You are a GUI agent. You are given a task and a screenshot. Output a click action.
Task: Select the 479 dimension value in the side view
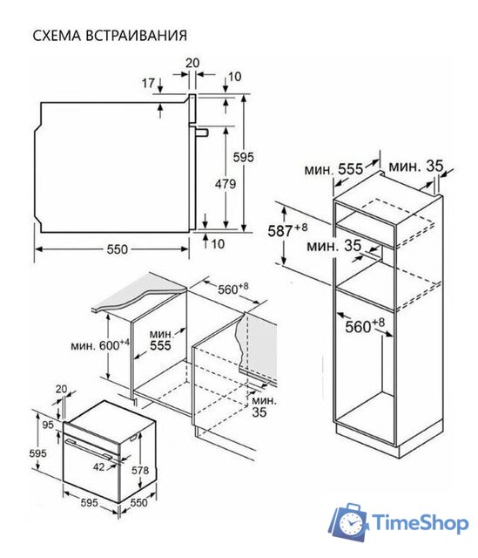click(x=226, y=184)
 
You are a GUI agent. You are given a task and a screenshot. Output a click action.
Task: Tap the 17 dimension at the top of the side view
click(x=148, y=84)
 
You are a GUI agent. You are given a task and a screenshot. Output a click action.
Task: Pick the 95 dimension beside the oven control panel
click(x=48, y=425)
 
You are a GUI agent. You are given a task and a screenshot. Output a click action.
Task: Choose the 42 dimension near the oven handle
click(x=99, y=466)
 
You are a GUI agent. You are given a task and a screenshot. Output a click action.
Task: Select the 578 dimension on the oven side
click(x=140, y=471)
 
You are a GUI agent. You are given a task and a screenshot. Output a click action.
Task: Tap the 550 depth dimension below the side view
click(x=117, y=249)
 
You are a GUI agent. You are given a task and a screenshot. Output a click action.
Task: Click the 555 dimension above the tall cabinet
click(x=350, y=169)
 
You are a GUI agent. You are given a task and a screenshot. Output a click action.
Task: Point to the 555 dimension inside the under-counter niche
click(x=160, y=345)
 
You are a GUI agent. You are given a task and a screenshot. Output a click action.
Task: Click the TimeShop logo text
click(x=421, y=523)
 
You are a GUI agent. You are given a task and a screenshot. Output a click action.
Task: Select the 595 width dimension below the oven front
click(x=89, y=502)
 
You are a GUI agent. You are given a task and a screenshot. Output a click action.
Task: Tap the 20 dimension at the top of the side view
click(x=192, y=63)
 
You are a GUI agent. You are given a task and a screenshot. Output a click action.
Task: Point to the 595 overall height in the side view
click(x=244, y=157)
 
